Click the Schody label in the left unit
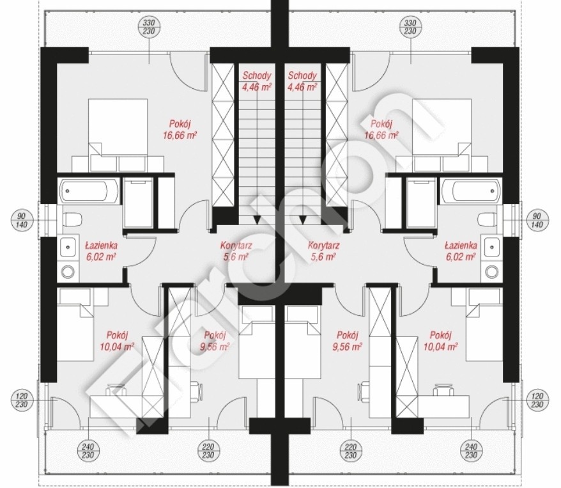pos(256,75)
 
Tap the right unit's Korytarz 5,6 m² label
pos(323,251)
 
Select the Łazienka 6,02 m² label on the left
pos(102,251)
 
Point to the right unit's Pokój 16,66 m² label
pos(381,130)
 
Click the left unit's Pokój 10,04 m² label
pos(117,341)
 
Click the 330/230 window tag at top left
pos(149,28)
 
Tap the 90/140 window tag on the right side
pos(537,221)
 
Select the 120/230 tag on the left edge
pos(22,400)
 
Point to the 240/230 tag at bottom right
pos(471,451)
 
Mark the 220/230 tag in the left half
pos(208,451)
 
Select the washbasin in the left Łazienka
pos(68,246)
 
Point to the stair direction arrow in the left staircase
pos(257,219)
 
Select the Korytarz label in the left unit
pos(236,246)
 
